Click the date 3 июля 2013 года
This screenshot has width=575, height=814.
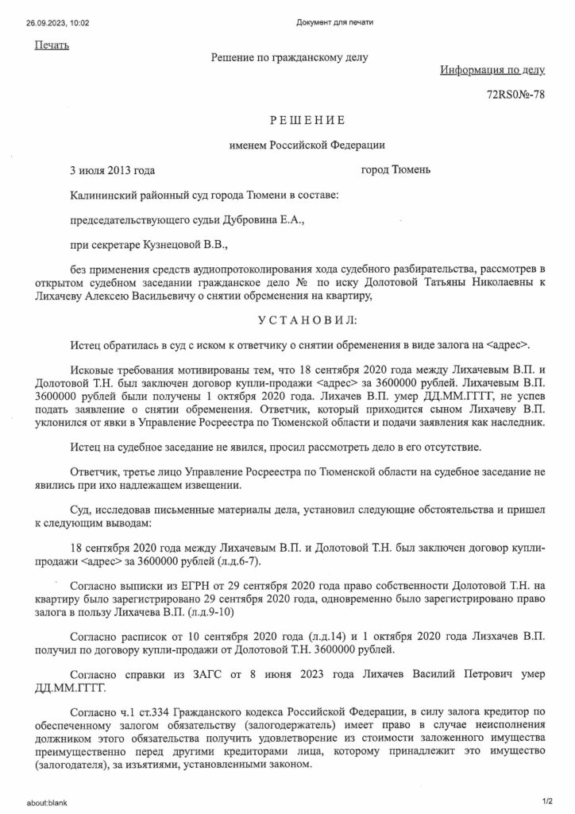pyautogui.click(x=112, y=170)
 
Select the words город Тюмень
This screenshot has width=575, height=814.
pyautogui.click(x=396, y=170)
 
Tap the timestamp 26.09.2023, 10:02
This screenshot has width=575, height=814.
pyautogui.click(x=52, y=22)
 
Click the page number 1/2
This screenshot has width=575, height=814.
pyautogui.click(x=546, y=803)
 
